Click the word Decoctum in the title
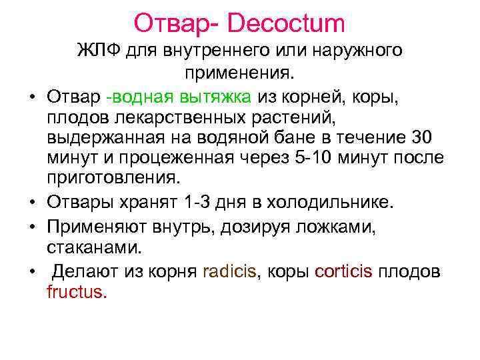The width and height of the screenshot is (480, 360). click(x=288, y=23)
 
